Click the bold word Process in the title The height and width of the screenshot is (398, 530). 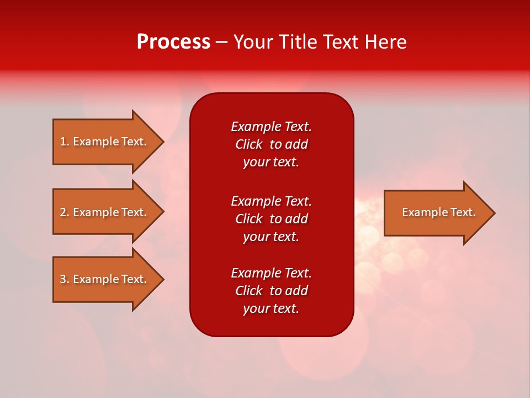coord(173,42)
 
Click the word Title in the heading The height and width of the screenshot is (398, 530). coord(296,42)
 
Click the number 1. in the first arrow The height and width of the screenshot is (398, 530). coord(65,142)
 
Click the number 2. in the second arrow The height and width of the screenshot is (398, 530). coord(65,212)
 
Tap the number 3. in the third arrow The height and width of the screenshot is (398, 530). coord(65,279)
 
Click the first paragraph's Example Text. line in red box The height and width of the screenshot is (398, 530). coord(271,127)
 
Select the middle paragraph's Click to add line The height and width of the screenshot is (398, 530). coord(271,219)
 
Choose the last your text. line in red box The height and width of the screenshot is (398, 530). coord(271,308)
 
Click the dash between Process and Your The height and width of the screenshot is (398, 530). coord(222,42)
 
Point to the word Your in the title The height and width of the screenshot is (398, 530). coord(253,42)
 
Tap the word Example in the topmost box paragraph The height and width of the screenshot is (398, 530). coord(256,127)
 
